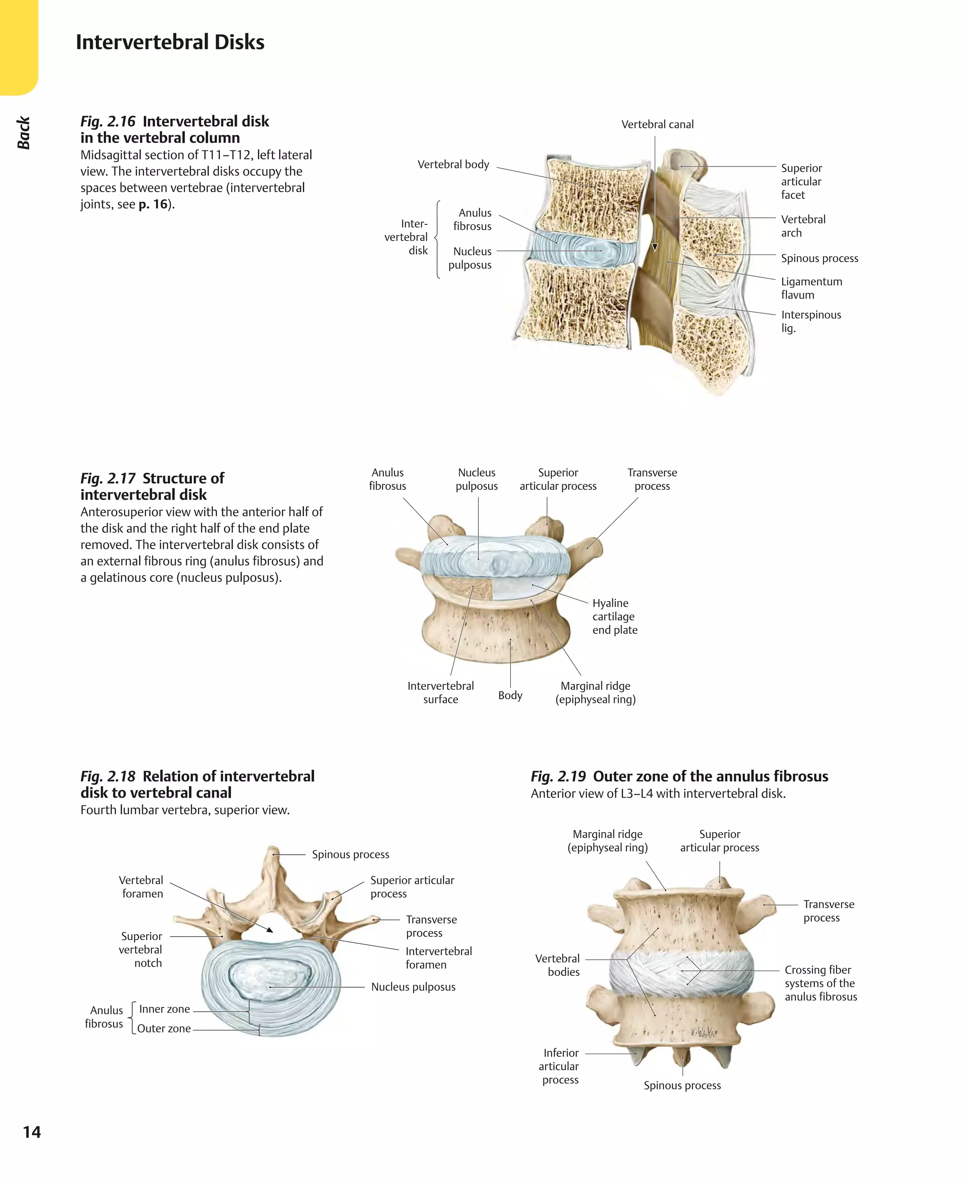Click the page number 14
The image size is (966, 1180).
[x=32, y=1131]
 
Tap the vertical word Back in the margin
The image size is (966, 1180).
[x=24, y=133]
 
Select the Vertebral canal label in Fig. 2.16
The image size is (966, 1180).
[x=657, y=124]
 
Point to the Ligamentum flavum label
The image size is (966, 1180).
[x=811, y=288]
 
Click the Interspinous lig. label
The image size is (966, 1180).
[x=810, y=322]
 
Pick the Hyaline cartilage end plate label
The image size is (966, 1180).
[x=614, y=616]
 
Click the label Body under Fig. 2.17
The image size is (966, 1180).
[x=510, y=695]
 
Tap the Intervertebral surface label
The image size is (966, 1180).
[x=440, y=693]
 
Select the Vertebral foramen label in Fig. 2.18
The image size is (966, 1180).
[x=142, y=886]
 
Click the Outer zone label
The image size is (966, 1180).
[x=164, y=1028]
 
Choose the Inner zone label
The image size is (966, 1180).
[x=164, y=1009]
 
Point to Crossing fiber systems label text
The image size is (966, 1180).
[x=820, y=983]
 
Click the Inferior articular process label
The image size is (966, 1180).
[x=560, y=1066]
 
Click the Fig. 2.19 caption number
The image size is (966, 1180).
[x=558, y=776]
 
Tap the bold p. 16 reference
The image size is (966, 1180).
[x=153, y=204]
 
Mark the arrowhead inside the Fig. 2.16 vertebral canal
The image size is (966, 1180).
[x=655, y=248]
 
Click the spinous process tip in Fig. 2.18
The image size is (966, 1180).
[x=273, y=851]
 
